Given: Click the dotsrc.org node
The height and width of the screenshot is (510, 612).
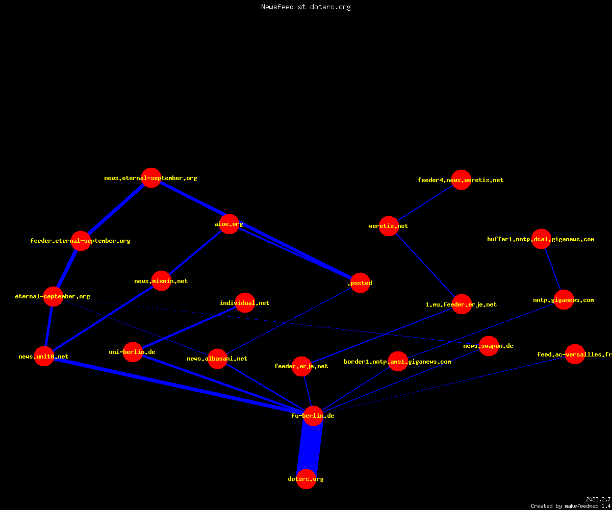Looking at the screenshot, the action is click(306, 479).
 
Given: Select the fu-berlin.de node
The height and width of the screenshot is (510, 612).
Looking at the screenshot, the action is click(313, 416).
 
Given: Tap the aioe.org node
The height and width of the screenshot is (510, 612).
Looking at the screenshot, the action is click(229, 224).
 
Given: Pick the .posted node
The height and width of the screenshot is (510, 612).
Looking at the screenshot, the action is click(360, 283).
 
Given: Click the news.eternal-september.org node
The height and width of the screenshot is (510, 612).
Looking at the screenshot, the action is click(151, 178).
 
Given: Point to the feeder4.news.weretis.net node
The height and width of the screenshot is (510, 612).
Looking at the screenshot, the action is click(461, 180).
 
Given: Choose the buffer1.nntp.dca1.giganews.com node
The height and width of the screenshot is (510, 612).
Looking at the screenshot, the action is click(541, 239).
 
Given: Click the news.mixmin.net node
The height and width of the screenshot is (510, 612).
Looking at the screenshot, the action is click(161, 281).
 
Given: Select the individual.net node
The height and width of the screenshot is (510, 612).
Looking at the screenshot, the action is click(245, 302).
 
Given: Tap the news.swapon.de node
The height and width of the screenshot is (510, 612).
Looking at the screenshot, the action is click(488, 346).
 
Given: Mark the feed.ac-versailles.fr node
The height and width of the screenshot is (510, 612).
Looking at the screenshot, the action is click(575, 354).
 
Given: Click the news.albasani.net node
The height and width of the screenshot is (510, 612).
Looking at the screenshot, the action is click(217, 359).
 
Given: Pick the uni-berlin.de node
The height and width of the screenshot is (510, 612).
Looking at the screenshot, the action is click(133, 352).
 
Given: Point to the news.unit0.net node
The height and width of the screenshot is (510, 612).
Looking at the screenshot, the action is click(44, 356).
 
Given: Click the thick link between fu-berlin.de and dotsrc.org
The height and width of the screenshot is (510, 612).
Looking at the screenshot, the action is click(310, 447).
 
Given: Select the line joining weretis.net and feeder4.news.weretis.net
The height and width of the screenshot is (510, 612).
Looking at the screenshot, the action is click(425, 203).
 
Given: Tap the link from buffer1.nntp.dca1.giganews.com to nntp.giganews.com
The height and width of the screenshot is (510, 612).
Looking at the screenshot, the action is click(552, 269).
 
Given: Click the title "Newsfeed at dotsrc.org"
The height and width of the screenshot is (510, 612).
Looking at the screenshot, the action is click(305, 7).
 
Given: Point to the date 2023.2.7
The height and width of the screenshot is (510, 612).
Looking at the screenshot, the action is click(598, 499).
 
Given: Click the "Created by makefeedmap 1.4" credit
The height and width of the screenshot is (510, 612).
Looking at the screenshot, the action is click(571, 506).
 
